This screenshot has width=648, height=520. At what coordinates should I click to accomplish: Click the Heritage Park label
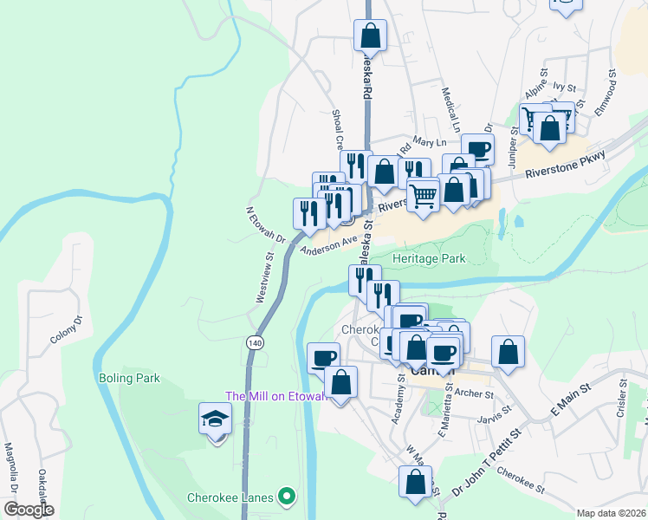[429, 258]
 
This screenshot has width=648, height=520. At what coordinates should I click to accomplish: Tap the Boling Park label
[130, 379]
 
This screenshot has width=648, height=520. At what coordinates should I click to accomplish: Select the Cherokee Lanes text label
[230, 497]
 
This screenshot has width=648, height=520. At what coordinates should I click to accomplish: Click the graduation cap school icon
[215, 419]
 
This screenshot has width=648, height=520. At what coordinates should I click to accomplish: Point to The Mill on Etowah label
[275, 396]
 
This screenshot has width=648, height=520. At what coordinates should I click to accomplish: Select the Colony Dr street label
[65, 330]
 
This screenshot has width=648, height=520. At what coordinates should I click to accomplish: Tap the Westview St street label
[264, 277]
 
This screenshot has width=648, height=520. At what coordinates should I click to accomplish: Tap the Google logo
[29, 510]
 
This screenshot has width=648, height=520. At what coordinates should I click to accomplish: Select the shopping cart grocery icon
[423, 195]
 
